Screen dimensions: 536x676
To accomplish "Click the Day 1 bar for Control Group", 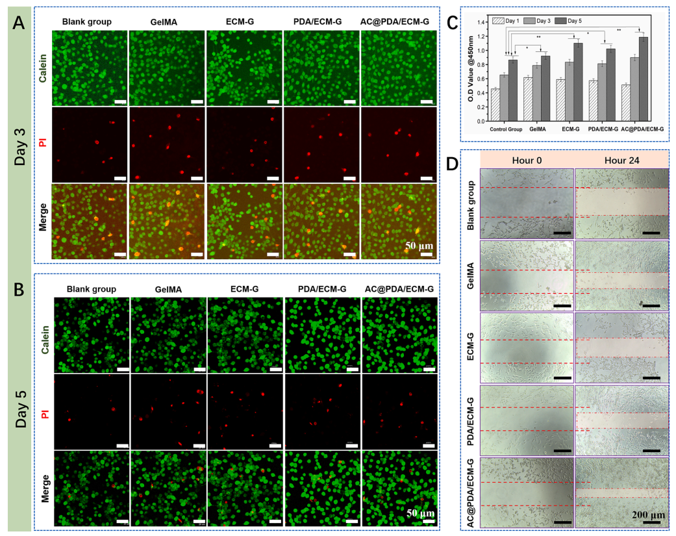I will [495, 105].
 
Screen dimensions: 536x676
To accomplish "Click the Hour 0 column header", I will [527, 160].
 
